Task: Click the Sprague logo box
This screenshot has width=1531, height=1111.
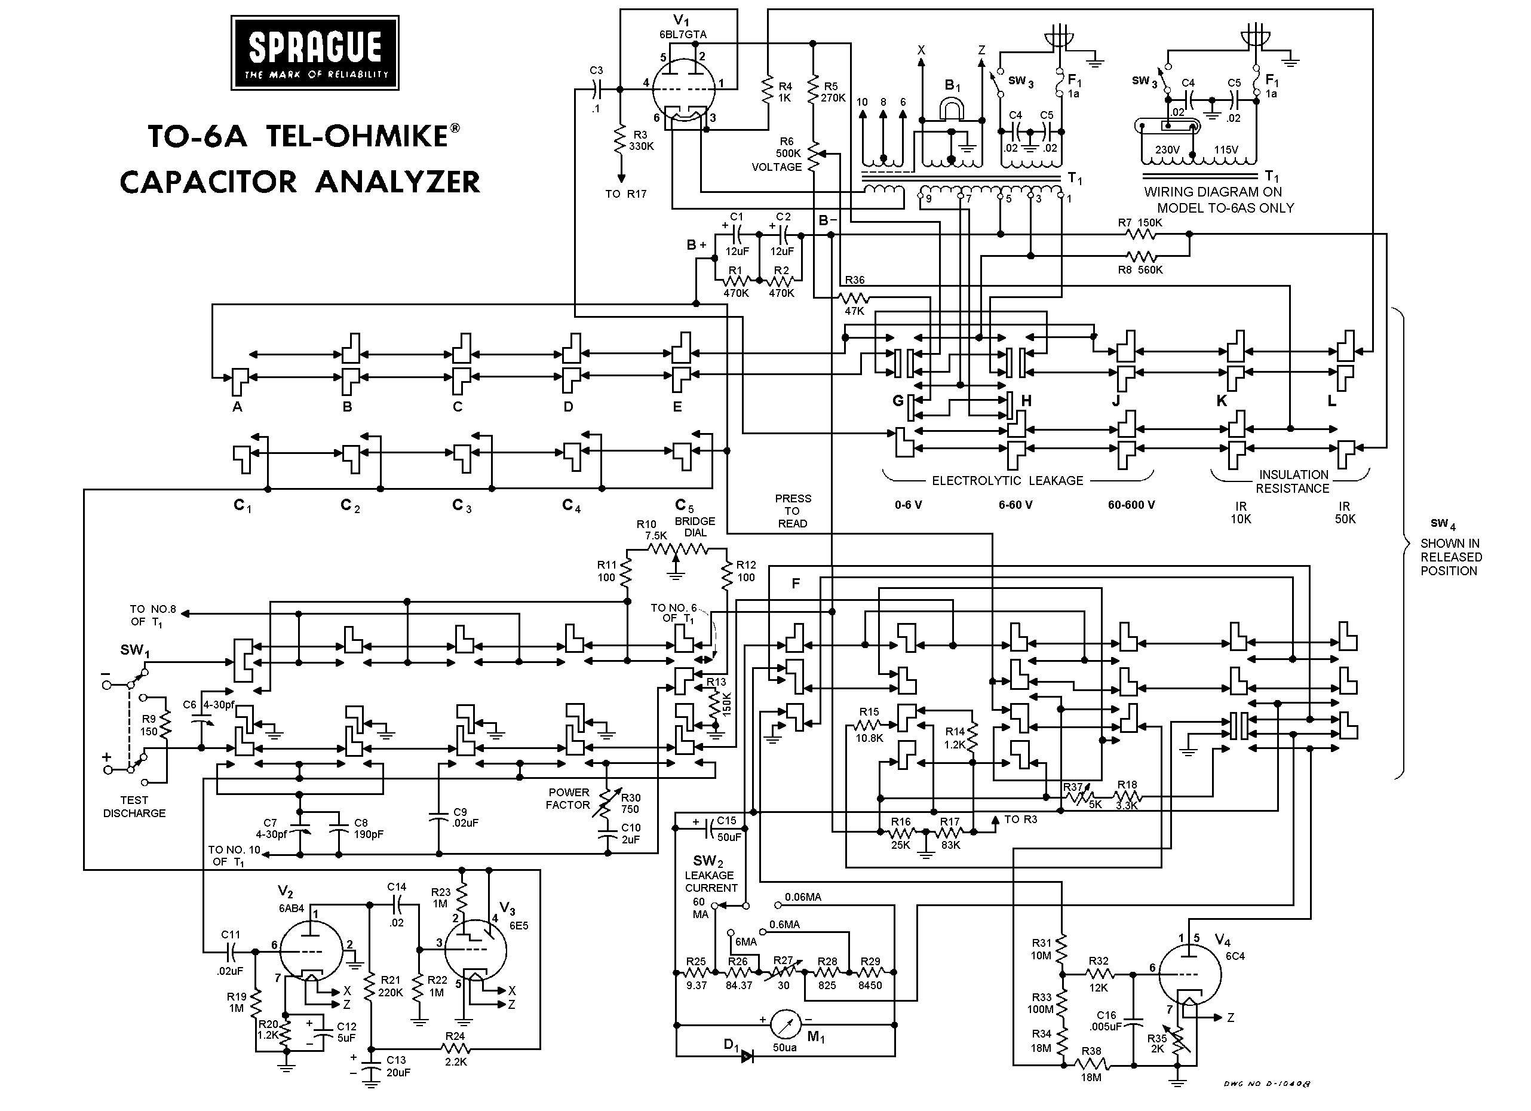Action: click(315, 53)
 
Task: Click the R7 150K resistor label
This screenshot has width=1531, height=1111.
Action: click(1140, 223)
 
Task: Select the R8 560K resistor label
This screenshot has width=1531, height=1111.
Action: click(1140, 270)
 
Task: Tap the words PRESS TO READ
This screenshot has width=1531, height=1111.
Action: click(793, 511)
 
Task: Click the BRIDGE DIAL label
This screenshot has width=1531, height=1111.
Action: click(695, 526)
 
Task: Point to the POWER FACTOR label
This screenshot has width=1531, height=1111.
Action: click(569, 799)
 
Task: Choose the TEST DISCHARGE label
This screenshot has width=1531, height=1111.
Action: click(134, 806)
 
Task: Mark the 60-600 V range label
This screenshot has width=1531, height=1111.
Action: click(1131, 505)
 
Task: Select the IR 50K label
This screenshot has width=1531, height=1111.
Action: click(1345, 512)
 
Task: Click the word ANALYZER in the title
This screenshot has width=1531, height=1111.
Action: click(398, 182)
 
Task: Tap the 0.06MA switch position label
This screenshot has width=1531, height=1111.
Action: click(803, 898)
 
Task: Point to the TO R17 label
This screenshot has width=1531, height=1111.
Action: click(626, 194)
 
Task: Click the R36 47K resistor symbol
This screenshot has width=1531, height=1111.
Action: click(854, 297)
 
